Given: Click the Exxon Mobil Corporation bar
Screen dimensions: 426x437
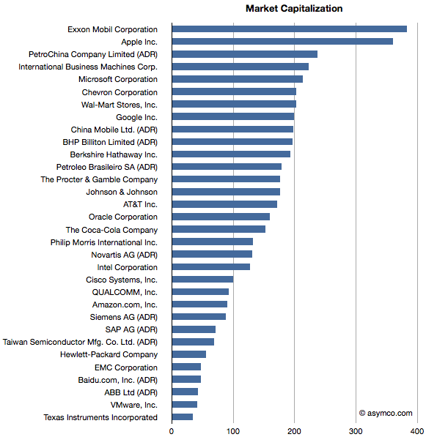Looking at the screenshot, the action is pyautogui.click(x=289, y=29).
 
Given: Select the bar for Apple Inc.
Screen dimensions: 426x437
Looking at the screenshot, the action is pyautogui.click(x=282, y=42).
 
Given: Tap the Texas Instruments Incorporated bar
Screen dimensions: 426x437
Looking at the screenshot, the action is pyautogui.click(x=183, y=417).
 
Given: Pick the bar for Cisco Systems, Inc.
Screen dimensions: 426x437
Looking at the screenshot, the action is pyautogui.click(x=202, y=280).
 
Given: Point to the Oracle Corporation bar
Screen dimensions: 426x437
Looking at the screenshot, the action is pyautogui.click(x=221, y=217).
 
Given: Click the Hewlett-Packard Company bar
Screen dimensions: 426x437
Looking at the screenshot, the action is pyautogui.click(x=189, y=354).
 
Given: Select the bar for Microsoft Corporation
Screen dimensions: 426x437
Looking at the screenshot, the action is pyautogui.click(x=238, y=79).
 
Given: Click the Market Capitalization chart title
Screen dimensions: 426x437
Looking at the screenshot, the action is pyautogui.click(x=294, y=9).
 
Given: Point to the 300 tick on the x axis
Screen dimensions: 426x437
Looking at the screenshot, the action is pyautogui.click(x=356, y=431).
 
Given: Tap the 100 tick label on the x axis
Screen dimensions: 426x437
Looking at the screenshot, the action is pyautogui.click(x=233, y=431).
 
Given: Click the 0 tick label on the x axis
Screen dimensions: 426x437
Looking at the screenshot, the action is pyautogui.click(x=172, y=431).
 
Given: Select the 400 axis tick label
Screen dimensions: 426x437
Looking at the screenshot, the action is pyautogui.click(x=417, y=431).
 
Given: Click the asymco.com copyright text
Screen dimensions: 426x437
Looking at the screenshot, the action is pyautogui.click(x=386, y=413).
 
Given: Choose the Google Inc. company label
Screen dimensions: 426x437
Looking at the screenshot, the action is pyautogui.click(x=137, y=117).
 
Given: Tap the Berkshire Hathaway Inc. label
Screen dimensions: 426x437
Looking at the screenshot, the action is pyautogui.click(x=114, y=154).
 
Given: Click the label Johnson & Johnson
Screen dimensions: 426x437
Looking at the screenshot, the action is pyautogui.click(x=122, y=192).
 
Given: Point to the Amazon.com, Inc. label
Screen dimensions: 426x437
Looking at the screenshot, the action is pyautogui.click(x=125, y=305).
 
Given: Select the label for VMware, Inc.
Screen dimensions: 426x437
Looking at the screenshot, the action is pyautogui.click(x=134, y=405).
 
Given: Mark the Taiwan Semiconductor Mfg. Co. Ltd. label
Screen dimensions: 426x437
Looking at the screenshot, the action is pyautogui.click(x=80, y=342).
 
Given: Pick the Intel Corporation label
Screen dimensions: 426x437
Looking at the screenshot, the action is pyautogui.click(x=128, y=267).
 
